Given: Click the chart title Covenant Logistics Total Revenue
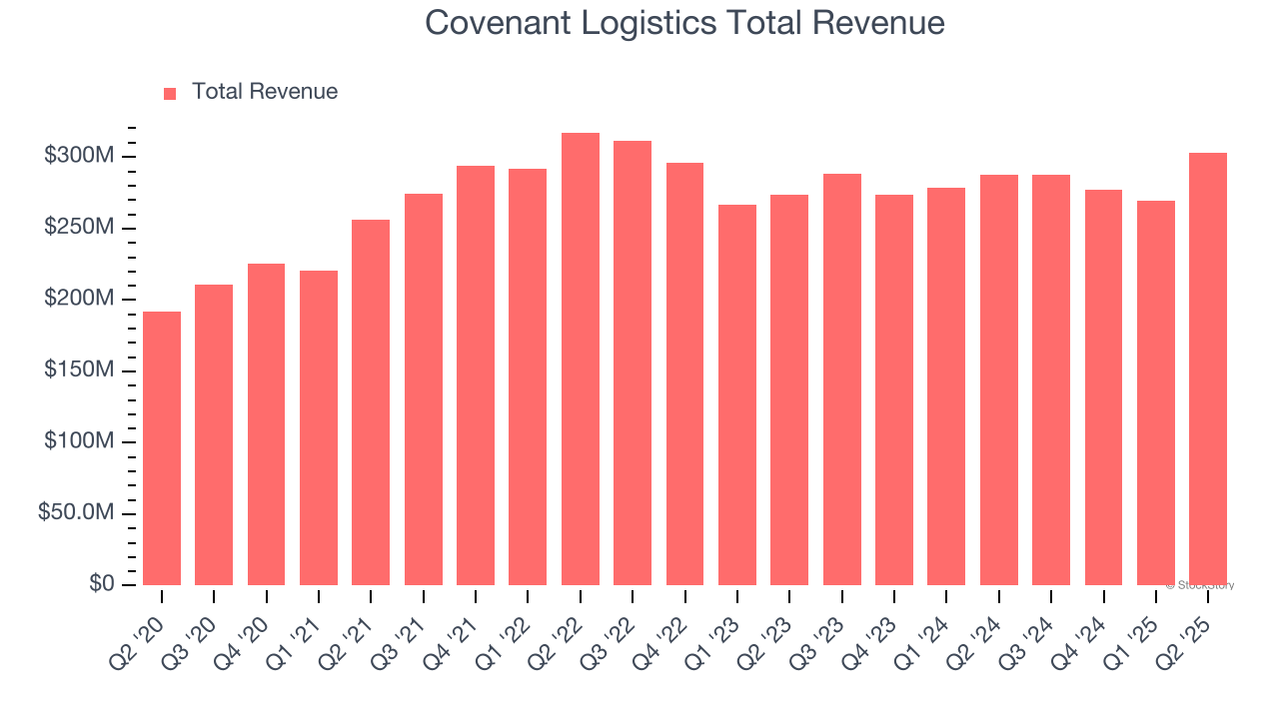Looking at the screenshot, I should (684, 22).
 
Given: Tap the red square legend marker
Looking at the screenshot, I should (170, 93).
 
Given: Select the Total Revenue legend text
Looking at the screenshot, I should (265, 92).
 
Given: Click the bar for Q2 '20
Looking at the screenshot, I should (162, 448).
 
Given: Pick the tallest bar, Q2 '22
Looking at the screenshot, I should (581, 359).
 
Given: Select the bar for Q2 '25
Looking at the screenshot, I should (1208, 369).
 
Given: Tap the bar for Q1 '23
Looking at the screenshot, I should (737, 394).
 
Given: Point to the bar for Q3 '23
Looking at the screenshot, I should (842, 379).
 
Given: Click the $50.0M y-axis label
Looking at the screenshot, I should (77, 512).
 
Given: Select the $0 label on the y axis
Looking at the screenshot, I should (102, 583).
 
